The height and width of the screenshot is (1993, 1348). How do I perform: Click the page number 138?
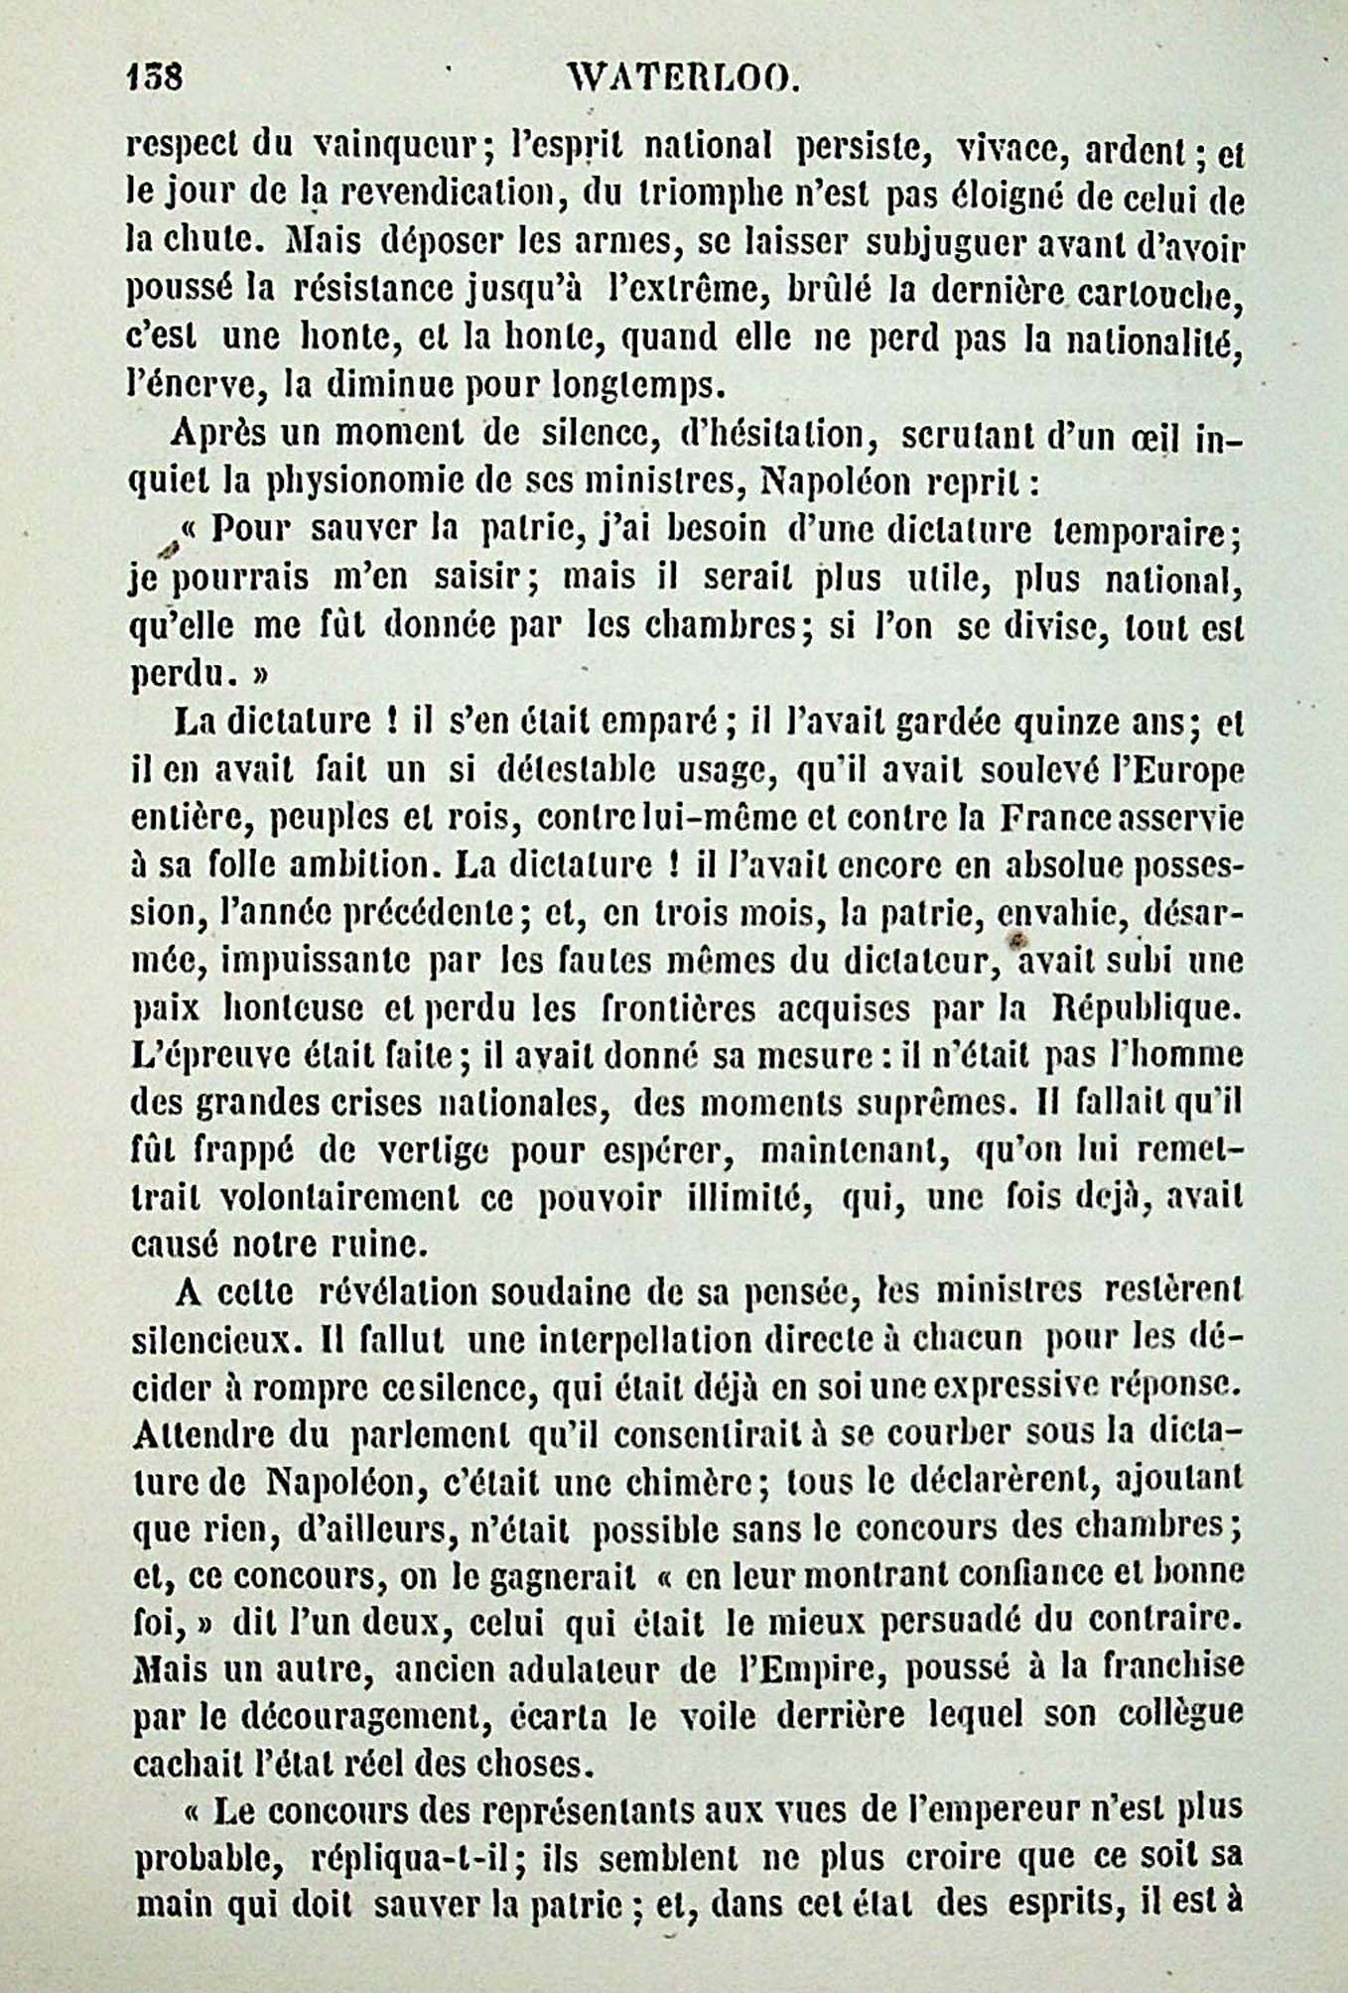point(155,77)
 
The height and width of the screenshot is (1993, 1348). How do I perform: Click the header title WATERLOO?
point(680,77)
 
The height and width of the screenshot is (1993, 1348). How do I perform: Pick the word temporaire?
point(1146,531)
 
